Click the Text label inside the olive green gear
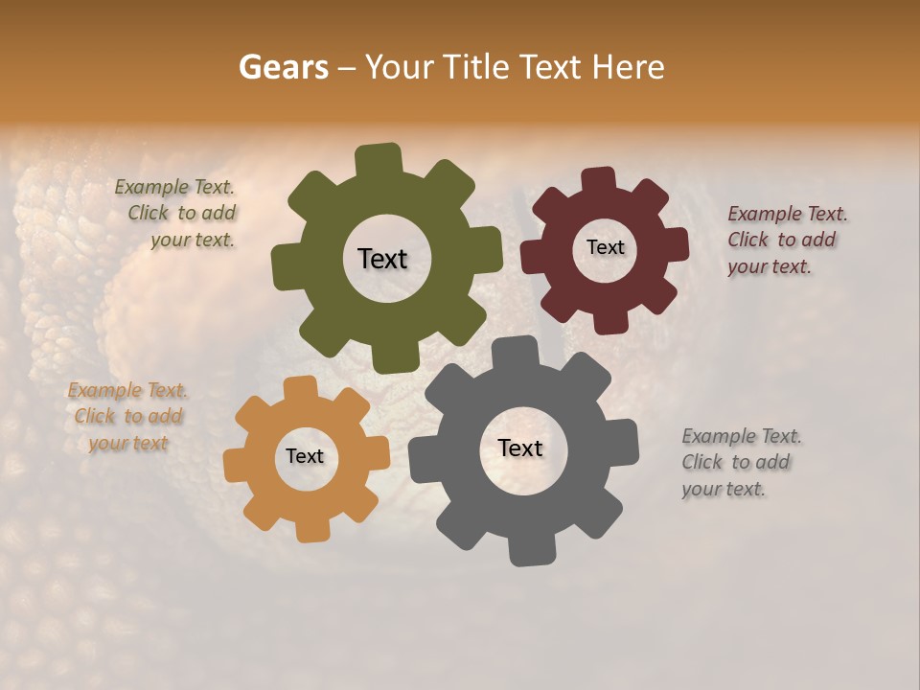click(382, 259)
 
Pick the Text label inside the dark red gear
click(605, 247)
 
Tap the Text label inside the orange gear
click(305, 456)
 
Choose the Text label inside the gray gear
click(520, 448)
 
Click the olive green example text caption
click(178, 214)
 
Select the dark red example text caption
click(785, 240)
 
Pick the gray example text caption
click(739, 462)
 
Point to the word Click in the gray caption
click(701, 462)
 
